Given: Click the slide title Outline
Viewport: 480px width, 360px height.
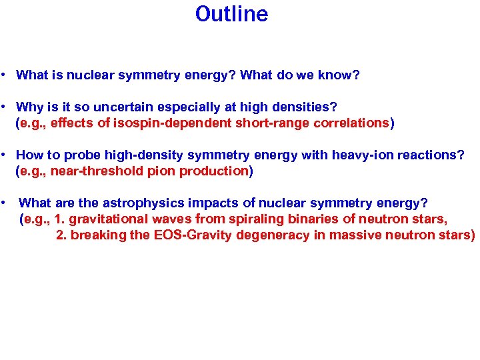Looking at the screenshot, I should [231, 14].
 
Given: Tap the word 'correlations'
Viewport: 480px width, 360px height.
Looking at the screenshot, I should [349, 123].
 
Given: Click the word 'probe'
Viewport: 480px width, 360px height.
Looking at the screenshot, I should [74, 155].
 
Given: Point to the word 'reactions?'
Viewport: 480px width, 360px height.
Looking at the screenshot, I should [427, 155].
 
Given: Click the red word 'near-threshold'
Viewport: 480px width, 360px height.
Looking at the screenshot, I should [101, 171].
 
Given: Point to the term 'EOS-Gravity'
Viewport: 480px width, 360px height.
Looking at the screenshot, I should [190, 235].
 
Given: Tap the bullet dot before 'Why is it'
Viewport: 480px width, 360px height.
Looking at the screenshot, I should [4, 107].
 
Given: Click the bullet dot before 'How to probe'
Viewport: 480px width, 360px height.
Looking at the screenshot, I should [4, 155].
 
